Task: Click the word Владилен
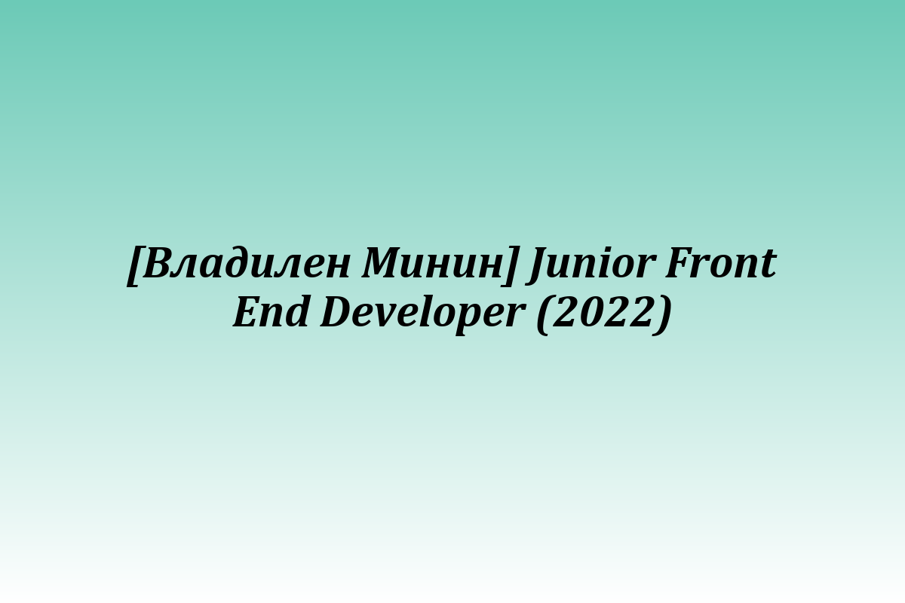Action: point(246,263)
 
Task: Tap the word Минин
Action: point(432,262)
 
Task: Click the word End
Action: point(271,312)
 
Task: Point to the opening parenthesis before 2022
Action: point(545,314)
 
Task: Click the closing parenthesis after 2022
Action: point(664,314)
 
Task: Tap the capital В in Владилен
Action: point(158,263)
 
